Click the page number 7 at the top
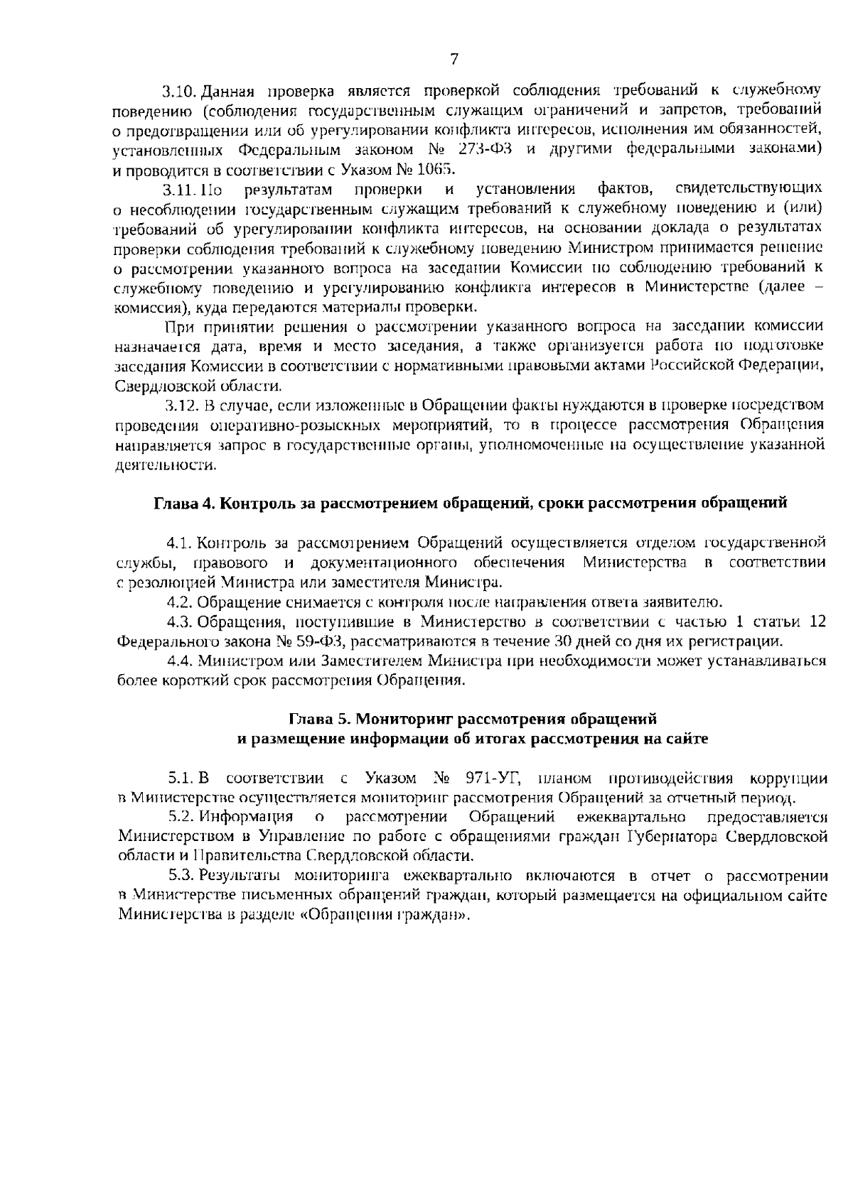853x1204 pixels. coord(454,60)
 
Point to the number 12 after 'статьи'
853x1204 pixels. coord(817,623)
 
